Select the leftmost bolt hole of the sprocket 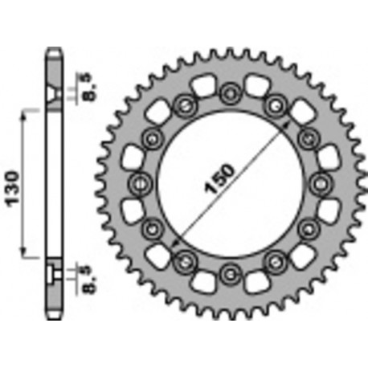tap(139, 182)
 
